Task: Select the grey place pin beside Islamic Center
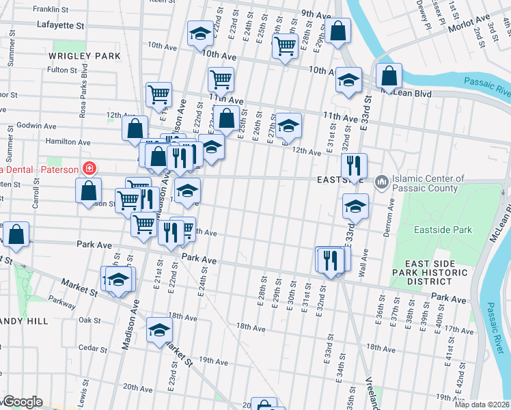click(381, 181)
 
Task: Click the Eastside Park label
click(443, 230)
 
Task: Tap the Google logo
click(22, 402)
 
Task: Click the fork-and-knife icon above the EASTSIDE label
click(354, 165)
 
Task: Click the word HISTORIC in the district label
click(439, 273)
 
